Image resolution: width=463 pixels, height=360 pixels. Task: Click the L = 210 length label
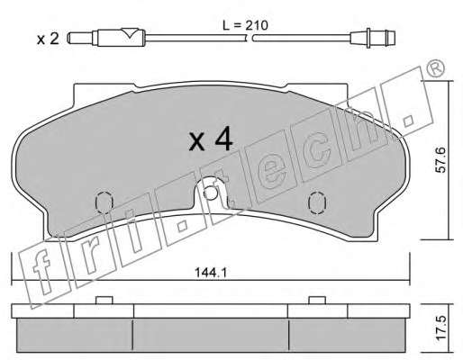tap(245, 25)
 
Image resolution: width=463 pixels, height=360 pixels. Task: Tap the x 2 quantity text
tap(48, 39)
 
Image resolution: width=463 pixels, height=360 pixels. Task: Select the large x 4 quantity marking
tap(211, 139)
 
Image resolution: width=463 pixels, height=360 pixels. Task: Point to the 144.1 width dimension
tap(211, 273)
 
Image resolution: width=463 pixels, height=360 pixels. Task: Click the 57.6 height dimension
tap(440, 159)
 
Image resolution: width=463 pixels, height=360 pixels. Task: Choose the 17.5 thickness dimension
tap(441, 328)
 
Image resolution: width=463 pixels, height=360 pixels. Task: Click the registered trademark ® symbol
tap(435, 68)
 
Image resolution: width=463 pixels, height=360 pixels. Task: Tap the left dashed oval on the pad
tap(104, 202)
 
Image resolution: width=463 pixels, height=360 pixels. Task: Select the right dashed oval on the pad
tap(317, 203)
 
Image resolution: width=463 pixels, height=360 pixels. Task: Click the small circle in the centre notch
tap(210, 193)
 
